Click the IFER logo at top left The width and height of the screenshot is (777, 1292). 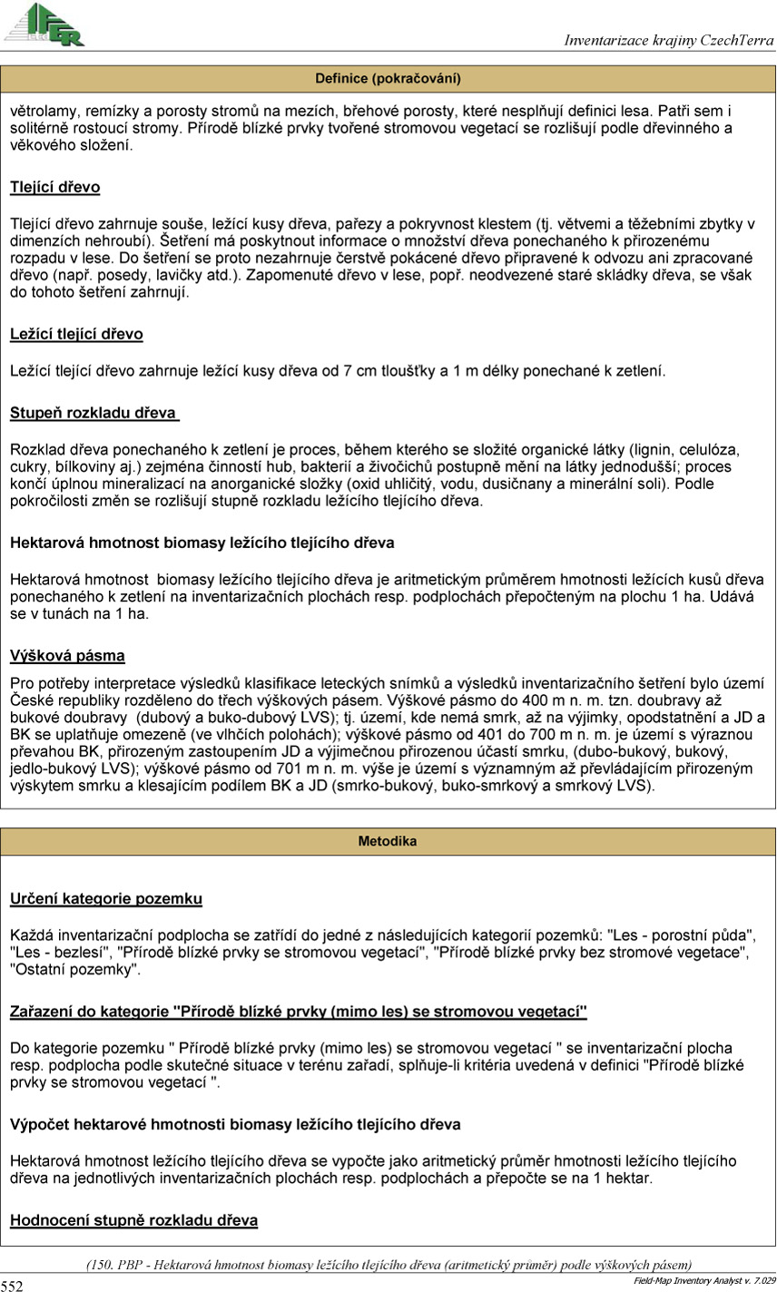[x=44, y=24]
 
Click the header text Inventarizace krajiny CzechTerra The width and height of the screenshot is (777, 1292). [x=669, y=40]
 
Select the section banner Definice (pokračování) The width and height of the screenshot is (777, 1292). [x=388, y=78]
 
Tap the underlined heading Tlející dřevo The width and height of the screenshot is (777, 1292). [x=54, y=188]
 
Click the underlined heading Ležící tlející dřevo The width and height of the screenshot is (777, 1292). [x=76, y=335]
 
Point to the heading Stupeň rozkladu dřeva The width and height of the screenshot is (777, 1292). [x=93, y=414]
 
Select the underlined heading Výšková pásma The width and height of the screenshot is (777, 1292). [x=67, y=656]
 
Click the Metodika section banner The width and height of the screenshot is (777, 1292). [x=388, y=841]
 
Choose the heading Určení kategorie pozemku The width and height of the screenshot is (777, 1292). [x=105, y=899]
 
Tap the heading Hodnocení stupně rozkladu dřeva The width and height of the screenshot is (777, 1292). [x=133, y=1220]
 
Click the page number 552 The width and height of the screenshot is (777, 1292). [x=12, y=1285]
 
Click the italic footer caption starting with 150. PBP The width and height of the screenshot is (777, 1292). [x=388, y=1265]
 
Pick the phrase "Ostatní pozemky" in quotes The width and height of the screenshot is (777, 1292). [x=75, y=969]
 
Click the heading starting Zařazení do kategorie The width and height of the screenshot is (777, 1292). [x=299, y=1012]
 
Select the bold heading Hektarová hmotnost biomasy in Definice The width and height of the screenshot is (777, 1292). [x=202, y=543]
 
